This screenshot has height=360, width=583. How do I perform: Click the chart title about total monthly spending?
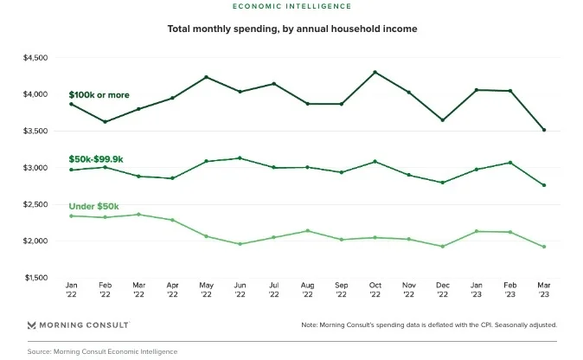pyautogui.click(x=291, y=29)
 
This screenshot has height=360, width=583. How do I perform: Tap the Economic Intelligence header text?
pyautogui.click(x=291, y=5)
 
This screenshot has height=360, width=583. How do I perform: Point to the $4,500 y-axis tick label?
pyautogui.click(x=35, y=58)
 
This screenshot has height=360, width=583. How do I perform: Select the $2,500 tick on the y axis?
pyautogui.click(x=35, y=204)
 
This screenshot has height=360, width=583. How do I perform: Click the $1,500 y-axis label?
pyautogui.click(x=35, y=278)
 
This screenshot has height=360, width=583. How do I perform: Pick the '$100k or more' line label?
pyautogui.click(x=100, y=93)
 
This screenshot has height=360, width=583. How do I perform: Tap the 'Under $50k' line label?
pyautogui.click(x=93, y=206)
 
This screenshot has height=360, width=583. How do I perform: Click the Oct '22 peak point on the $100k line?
pyautogui.click(x=374, y=72)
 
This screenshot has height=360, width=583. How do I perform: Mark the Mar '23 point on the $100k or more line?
pyautogui.click(x=543, y=130)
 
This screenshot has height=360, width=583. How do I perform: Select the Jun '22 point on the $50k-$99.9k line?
pyautogui.click(x=239, y=158)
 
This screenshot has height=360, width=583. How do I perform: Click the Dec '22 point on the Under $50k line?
pyautogui.click(x=442, y=247)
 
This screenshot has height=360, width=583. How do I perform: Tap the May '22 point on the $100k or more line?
pyautogui.click(x=205, y=77)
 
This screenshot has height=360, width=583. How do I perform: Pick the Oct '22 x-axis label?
pyautogui.click(x=374, y=289)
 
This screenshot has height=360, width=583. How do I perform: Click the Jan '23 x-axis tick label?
pyautogui.click(x=476, y=289)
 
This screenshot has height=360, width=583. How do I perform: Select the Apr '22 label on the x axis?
pyautogui.click(x=171, y=289)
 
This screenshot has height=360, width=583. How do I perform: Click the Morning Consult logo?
pyautogui.click(x=79, y=325)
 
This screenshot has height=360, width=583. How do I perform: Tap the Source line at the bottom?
pyautogui.click(x=102, y=351)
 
